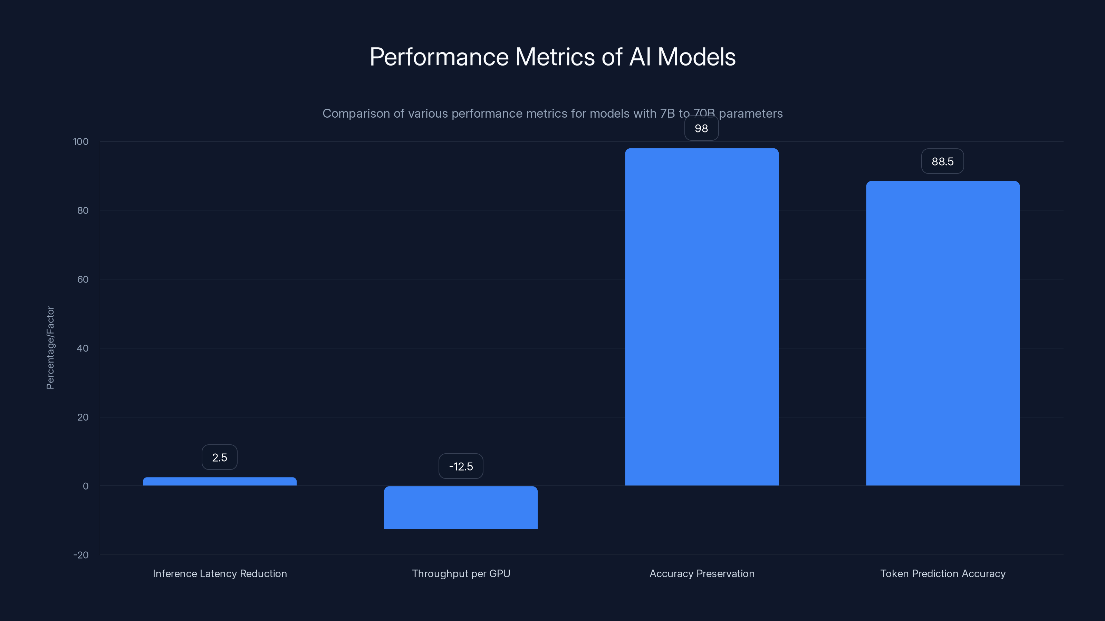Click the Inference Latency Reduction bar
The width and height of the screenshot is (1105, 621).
point(220,481)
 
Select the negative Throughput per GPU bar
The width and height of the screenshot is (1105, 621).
point(461,507)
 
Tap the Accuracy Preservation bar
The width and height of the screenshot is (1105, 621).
point(702,317)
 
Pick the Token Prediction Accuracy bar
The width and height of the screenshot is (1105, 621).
point(942,333)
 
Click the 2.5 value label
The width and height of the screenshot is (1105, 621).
point(220,457)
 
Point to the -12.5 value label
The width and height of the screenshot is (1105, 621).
point(461,466)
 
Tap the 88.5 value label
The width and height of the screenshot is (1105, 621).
point(942,161)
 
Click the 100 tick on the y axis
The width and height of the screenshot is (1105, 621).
point(81,141)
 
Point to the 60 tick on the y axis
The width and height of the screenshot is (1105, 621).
point(83,279)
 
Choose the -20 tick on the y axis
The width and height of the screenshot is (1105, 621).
point(81,555)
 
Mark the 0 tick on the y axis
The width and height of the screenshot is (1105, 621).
point(85,486)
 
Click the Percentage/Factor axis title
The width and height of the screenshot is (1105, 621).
point(50,347)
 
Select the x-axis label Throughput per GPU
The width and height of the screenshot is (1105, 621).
point(461,573)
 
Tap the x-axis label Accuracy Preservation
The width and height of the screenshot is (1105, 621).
point(702,573)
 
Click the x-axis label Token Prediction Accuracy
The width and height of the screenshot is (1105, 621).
point(942,573)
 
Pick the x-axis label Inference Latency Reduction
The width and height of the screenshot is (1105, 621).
point(220,573)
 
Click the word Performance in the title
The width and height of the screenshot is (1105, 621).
point(439,57)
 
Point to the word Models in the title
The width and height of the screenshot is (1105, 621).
point(696,57)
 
